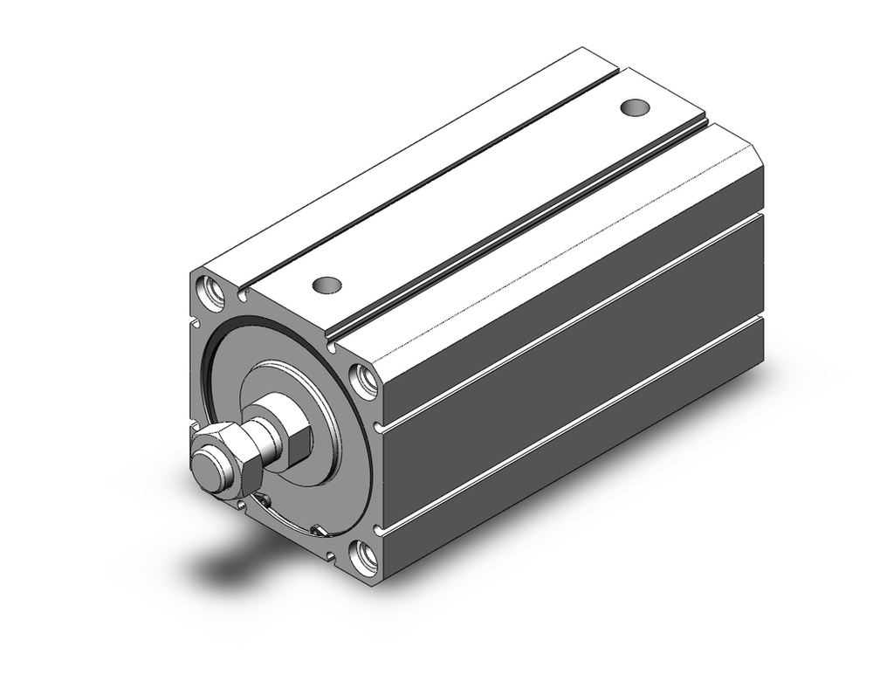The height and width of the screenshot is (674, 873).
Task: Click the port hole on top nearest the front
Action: click(327, 285)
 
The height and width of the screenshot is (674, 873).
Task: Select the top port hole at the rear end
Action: click(635, 107)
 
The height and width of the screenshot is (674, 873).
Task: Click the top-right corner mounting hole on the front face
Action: click(363, 381)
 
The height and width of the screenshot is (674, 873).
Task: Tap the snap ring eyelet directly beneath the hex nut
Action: click(259, 500)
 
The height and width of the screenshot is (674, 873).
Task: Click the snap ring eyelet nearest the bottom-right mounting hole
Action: click(320, 530)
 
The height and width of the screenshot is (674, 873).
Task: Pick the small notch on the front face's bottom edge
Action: click(331, 554)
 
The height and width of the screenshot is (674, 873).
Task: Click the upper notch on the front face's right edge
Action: click(376, 428)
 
